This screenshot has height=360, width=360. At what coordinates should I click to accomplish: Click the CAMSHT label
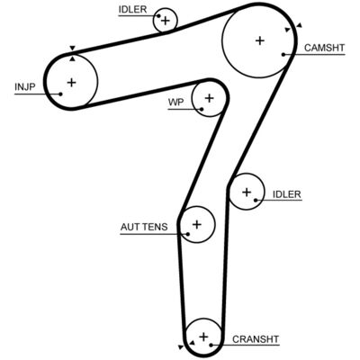324,48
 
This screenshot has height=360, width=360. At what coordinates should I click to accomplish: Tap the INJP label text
25,87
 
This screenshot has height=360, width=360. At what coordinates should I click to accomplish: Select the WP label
175,103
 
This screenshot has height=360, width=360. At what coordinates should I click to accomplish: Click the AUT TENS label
144,227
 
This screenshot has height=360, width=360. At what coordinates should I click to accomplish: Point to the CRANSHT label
256,339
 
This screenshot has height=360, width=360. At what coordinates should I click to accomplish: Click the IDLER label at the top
132,9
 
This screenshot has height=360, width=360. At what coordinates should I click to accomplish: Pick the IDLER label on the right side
286,194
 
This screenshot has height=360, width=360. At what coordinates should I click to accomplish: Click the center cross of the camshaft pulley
260,40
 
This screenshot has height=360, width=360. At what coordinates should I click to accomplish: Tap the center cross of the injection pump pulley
71,82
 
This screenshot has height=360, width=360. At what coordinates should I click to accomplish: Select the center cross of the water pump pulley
210,98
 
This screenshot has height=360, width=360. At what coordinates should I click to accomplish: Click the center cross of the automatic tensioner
197,224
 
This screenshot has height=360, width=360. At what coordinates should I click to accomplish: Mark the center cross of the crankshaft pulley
203,337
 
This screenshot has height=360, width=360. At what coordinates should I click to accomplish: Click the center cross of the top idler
166,21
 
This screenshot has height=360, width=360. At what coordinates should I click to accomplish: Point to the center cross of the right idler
247,192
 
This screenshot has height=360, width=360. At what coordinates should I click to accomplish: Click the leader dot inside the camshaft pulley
283,54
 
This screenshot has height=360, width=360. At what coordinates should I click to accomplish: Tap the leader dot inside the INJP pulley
60,94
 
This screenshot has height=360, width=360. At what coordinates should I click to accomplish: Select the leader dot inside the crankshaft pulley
211,345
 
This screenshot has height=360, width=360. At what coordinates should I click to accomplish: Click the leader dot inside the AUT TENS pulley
188,234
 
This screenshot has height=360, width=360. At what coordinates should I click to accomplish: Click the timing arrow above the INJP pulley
72,48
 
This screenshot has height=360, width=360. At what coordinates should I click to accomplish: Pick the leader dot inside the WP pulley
202,109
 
